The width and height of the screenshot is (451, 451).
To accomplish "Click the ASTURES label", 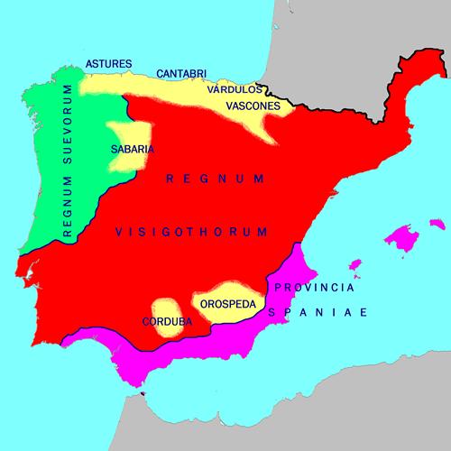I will [109, 63].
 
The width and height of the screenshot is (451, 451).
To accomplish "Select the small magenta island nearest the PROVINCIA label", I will [355, 266].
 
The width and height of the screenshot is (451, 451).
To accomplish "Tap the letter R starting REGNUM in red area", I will [169, 180].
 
